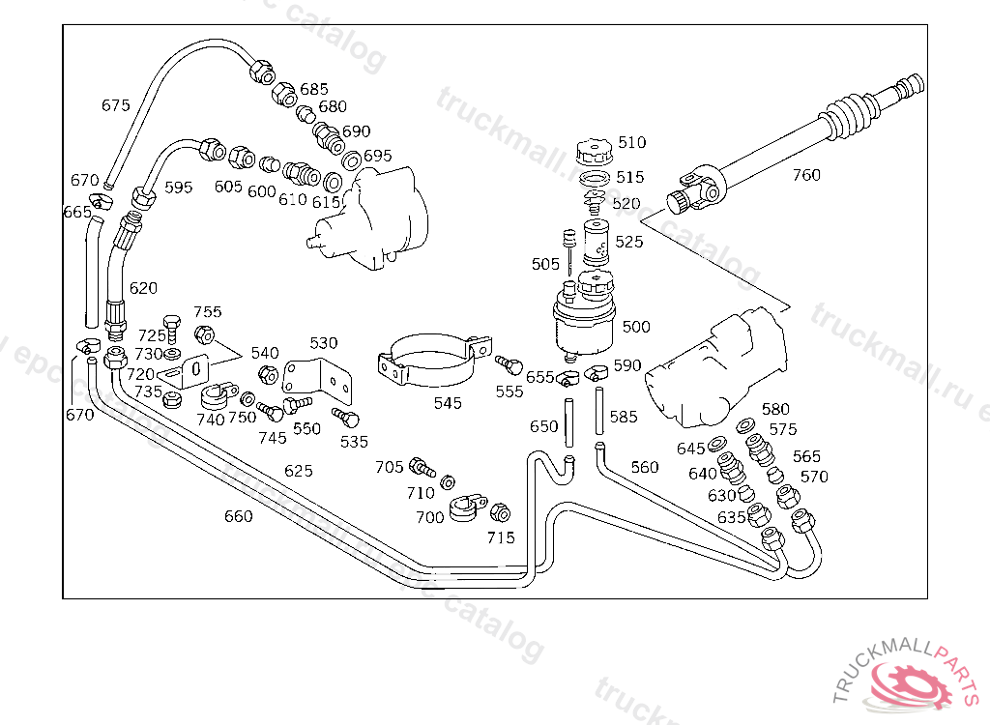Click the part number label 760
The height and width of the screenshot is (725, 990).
click(x=806, y=175)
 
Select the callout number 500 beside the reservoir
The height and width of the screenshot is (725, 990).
click(x=636, y=327)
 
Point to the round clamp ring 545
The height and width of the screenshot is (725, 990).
click(x=431, y=362)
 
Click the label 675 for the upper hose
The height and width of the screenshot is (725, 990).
click(x=115, y=105)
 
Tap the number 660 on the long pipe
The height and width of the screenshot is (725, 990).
click(x=239, y=516)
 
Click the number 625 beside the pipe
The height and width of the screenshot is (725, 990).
click(x=299, y=471)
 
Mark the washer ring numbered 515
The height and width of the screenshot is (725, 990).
click(x=597, y=179)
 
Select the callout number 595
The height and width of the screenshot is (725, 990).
click(x=179, y=188)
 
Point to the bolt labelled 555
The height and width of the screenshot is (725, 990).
click(x=507, y=364)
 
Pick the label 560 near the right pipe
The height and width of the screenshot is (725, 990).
click(x=645, y=467)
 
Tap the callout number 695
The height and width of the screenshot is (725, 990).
click(x=378, y=156)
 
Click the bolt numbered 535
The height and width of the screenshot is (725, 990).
click(x=345, y=417)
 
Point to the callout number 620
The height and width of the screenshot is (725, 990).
click(x=143, y=288)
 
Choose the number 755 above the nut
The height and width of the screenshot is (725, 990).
click(x=207, y=311)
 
